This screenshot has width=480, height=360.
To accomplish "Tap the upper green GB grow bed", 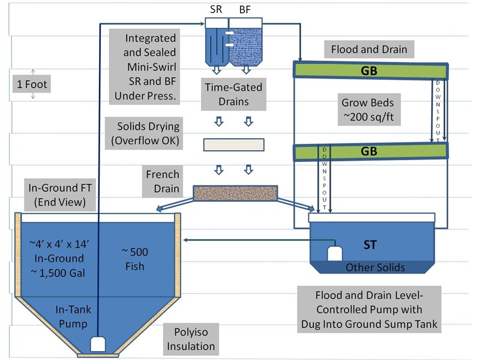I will click(369, 70).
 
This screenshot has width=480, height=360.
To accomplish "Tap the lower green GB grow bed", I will click(369, 152).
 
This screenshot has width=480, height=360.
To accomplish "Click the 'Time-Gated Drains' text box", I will click(233, 94).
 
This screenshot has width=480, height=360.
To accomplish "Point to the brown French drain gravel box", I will click(235, 193).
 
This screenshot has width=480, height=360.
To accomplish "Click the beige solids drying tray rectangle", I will click(233, 145).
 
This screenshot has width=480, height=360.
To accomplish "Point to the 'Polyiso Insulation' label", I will click(191, 338).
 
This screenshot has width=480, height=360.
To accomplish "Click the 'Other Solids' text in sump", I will click(375, 267).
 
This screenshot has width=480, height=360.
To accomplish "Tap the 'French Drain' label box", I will click(162, 181).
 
